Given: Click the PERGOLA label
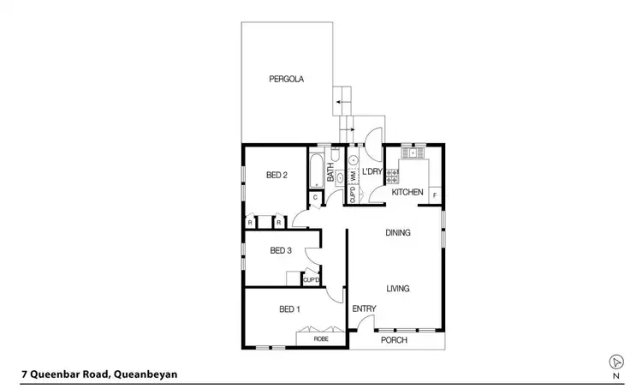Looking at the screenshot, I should tap(287, 79).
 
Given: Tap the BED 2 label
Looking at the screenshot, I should tap(276, 176).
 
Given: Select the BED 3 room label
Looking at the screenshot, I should tap(281, 250).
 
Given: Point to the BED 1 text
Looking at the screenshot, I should tap(289, 308).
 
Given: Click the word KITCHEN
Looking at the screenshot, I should tap(407, 193).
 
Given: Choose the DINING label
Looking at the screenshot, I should tap(398, 232).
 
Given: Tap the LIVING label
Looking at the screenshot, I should tap(399, 288).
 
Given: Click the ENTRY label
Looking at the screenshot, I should tap(364, 308).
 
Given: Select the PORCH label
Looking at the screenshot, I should tap(394, 340).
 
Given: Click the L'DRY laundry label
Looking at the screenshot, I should tap(372, 172).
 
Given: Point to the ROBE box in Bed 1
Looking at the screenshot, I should tap(321, 339).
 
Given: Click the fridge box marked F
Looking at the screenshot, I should tap(435, 194).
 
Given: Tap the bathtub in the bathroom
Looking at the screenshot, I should tap(315, 168).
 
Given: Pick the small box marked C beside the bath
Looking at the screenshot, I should tap(315, 198).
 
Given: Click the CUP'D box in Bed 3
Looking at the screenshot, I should tap(312, 278).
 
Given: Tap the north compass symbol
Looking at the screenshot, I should tap(615, 361).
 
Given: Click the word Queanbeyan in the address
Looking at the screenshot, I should tap(146, 374).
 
